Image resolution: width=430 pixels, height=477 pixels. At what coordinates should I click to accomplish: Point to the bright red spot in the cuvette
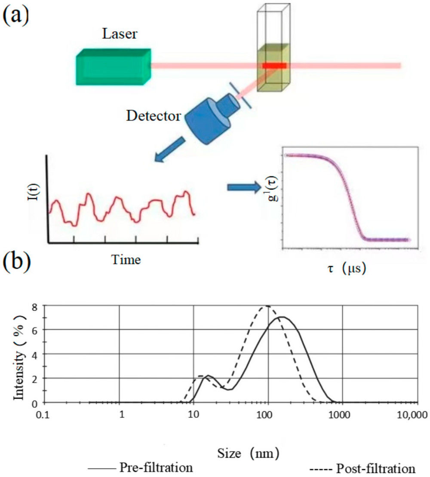click(x=275, y=66)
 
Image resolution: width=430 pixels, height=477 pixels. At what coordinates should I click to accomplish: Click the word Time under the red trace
click(x=126, y=259)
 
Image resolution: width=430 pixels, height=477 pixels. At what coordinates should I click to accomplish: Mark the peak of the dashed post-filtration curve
click(x=267, y=306)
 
